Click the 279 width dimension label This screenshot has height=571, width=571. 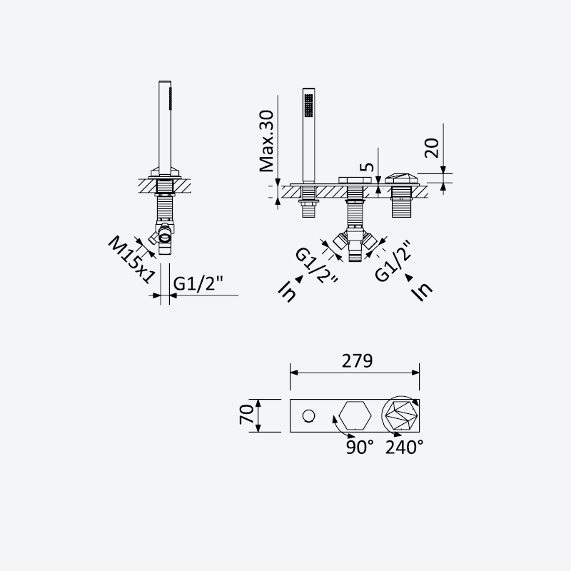(358, 361)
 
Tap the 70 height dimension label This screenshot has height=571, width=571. (246, 415)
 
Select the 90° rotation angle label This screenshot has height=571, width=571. (360, 448)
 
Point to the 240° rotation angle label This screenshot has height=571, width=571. (404, 448)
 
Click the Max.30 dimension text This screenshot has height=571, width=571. (266, 141)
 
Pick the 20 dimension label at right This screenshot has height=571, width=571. (433, 148)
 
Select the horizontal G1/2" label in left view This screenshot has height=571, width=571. (198, 283)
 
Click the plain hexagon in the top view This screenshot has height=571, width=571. (355, 415)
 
